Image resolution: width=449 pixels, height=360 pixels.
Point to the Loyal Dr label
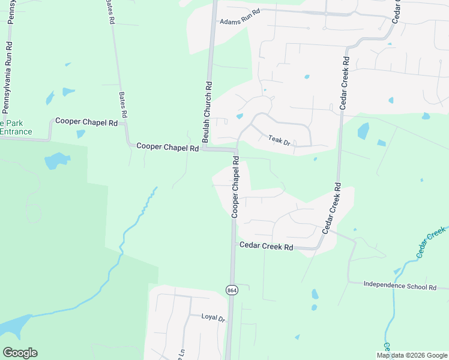pyautogui.click(x=212, y=317)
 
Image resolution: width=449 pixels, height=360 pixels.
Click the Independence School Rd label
pyautogui.click(x=400, y=287)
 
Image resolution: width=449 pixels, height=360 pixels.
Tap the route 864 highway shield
pyautogui.click(x=232, y=290)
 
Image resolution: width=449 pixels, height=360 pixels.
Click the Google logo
pyautogui.click(x=20, y=352)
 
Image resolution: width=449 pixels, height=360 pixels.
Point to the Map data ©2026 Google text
pyautogui.click(x=411, y=355)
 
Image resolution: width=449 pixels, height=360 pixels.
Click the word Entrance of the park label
pyautogui.click(x=16, y=131)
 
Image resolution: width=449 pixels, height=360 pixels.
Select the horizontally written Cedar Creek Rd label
pyautogui.click(x=266, y=246)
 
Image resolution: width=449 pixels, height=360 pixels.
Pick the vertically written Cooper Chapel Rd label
pyautogui.click(x=235, y=187)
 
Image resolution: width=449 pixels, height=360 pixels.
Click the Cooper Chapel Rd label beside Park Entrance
pyautogui.click(x=86, y=121)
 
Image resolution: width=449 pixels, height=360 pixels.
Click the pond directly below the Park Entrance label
pyautogui.click(x=56, y=161)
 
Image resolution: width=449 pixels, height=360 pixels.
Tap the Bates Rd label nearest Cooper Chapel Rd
pyautogui.click(x=123, y=105)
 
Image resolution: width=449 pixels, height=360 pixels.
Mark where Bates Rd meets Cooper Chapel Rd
pyautogui.click(x=125, y=124)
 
